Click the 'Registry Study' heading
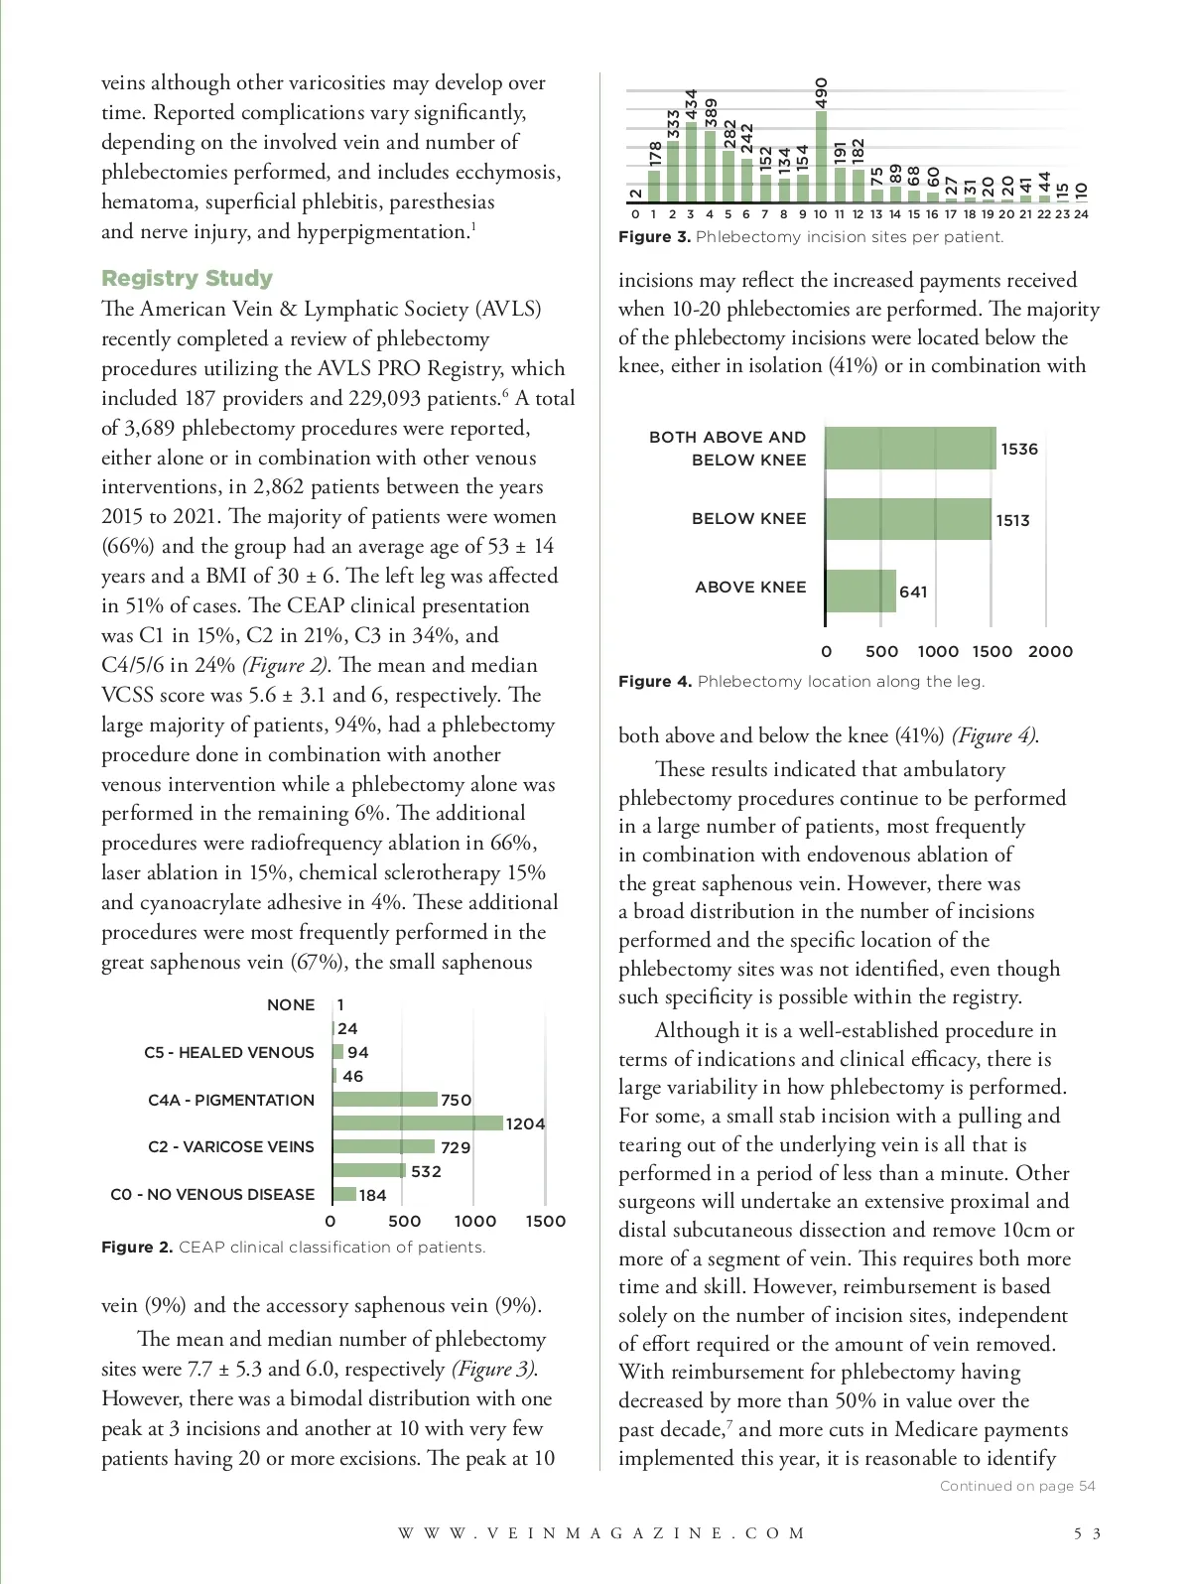[187, 278]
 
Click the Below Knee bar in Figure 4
[907, 519]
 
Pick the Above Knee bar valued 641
[860, 591]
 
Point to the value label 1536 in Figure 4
[1019, 449]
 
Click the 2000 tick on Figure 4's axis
[1050, 651]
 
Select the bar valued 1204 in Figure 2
[418, 1122]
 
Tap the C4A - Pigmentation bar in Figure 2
[385, 1100]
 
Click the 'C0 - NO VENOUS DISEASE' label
[212, 1194]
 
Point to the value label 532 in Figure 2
[426, 1171]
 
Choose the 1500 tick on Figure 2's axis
[545, 1221]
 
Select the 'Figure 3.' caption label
[654, 237]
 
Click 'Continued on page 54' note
[1017, 1486]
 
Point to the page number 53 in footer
[1088, 1533]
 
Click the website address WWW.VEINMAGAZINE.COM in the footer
[602, 1533]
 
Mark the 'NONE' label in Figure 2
[291, 1004]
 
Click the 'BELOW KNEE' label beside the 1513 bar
[748, 518]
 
